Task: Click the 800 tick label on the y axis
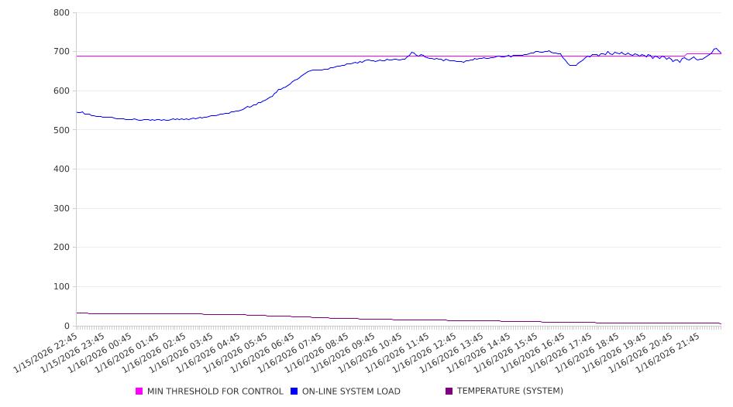point(62,13)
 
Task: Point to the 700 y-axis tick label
point(62,52)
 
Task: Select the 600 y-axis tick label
point(62,91)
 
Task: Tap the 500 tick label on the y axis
point(62,130)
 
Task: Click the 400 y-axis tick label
point(62,169)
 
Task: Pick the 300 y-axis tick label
point(62,208)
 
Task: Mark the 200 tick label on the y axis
point(62,248)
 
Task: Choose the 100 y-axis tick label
point(62,287)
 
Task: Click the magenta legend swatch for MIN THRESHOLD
point(139,392)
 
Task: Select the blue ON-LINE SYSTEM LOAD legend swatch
point(294,392)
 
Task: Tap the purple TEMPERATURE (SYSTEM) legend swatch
point(449,392)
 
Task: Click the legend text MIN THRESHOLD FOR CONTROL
point(215,392)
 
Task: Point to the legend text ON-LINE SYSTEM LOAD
point(351,392)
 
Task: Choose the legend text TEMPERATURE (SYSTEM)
point(510,392)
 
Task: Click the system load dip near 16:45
point(573,65)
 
